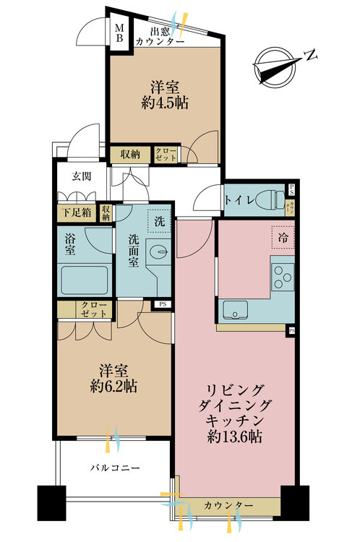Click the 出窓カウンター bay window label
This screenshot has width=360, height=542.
tap(158, 36)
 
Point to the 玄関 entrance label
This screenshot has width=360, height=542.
tap(81, 176)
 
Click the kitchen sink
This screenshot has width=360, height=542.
tap(236, 311)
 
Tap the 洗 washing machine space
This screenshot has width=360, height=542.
tap(160, 221)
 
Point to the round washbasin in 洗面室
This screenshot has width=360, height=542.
tap(160, 251)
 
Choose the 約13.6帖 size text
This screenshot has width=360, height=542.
tap(235, 436)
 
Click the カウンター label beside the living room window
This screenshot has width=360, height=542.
tap(228, 504)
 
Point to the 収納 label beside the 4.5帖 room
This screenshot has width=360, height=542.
tap(130, 153)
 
